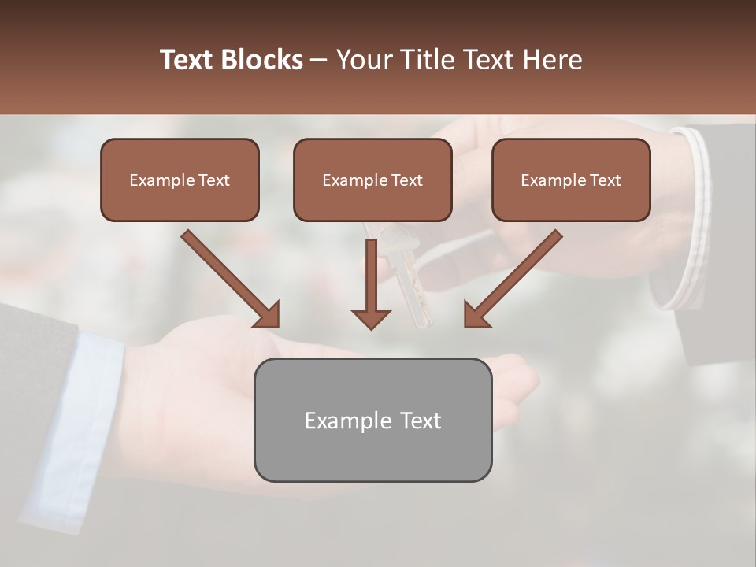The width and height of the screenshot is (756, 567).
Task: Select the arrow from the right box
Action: coord(513,279)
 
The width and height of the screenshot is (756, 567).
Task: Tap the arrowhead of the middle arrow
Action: coord(371,318)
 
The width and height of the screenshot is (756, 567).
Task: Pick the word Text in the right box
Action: coord(605,180)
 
